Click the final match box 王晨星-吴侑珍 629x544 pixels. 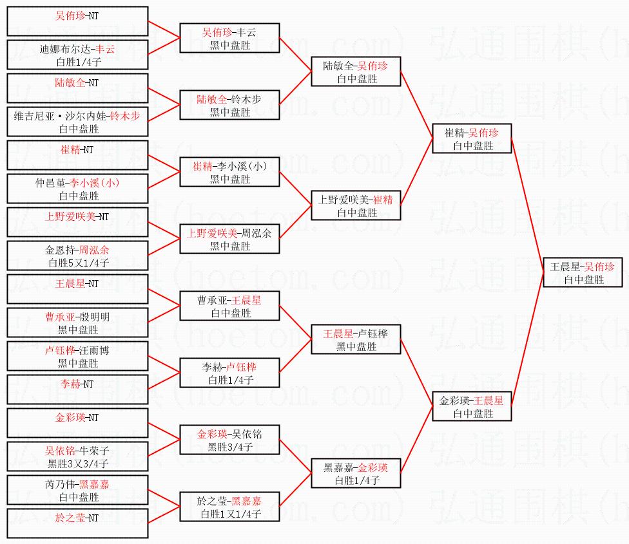(582, 272)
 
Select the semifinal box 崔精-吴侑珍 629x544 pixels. (472, 138)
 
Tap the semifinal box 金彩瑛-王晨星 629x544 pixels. (472, 406)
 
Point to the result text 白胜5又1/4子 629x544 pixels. (78, 263)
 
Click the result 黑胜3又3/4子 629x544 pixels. (78, 464)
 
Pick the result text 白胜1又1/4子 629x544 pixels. (230, 514)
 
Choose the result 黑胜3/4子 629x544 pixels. (230, 447)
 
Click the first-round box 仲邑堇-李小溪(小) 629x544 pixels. (77, 189)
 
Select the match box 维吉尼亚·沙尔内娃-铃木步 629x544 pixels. (77, 122)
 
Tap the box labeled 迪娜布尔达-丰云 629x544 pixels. (77, 55)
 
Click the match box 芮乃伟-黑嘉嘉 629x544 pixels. (77, 490)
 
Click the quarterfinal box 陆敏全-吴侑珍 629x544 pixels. (355, 71)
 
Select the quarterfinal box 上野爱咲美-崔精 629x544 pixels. (355, 205)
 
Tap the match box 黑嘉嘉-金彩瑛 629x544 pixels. (355, 473)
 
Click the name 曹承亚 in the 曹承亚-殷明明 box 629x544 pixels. (59, 317)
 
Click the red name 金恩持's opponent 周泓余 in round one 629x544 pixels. (95, 250)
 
